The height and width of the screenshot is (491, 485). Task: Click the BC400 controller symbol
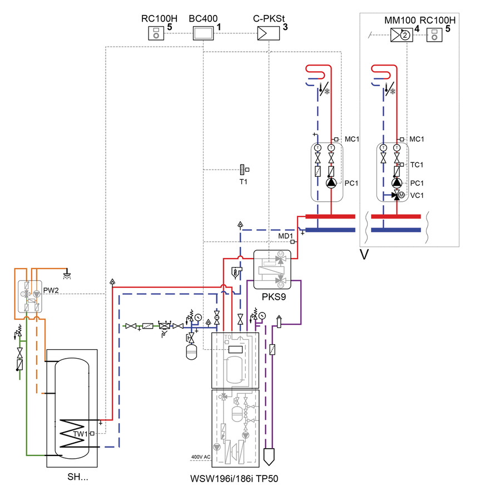pyautogui.click(x=202, y=34)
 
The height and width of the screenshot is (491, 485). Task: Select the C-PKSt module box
pyautogui.click(x=266, y=34)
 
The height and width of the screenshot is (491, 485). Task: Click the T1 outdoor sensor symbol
pyautogui.click(x=243, y=169)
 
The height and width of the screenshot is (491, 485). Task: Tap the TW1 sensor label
pyautogui.click(x=80, y=434)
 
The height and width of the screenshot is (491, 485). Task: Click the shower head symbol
pyautogui.click(x=66, y=274)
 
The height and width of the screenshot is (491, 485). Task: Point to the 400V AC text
pyautogui.click(x=199, y=457)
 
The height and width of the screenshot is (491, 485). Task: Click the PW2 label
pyautogui.click(x=51, y=289)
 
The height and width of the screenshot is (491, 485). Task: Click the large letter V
pyautogui.click(x=365, y=255)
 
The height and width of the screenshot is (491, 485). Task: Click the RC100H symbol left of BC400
pyautogui.click(x=156, y=34)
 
